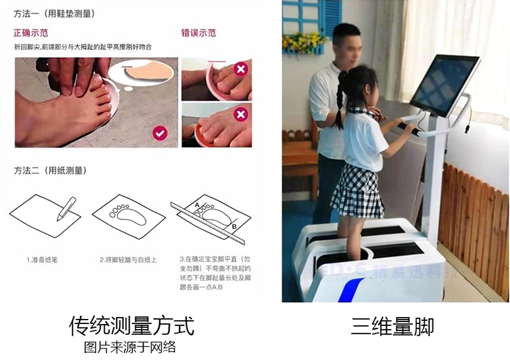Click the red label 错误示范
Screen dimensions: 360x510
(198, 33)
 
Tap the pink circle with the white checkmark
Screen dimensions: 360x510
(160, 133)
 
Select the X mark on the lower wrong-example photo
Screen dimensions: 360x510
(241, 114)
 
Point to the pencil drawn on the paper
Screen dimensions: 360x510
(66, 209)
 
